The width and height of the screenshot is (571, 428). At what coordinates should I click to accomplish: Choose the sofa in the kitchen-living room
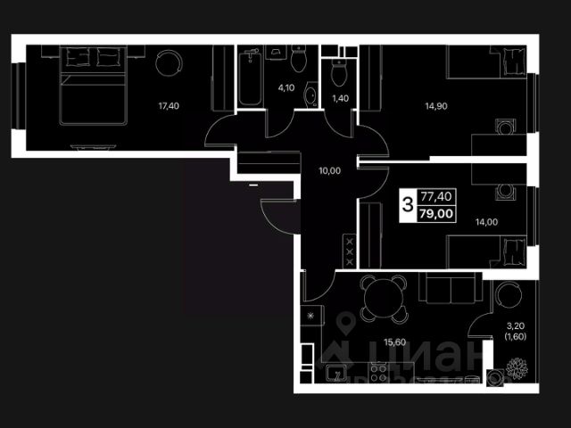tap(451, 291)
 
